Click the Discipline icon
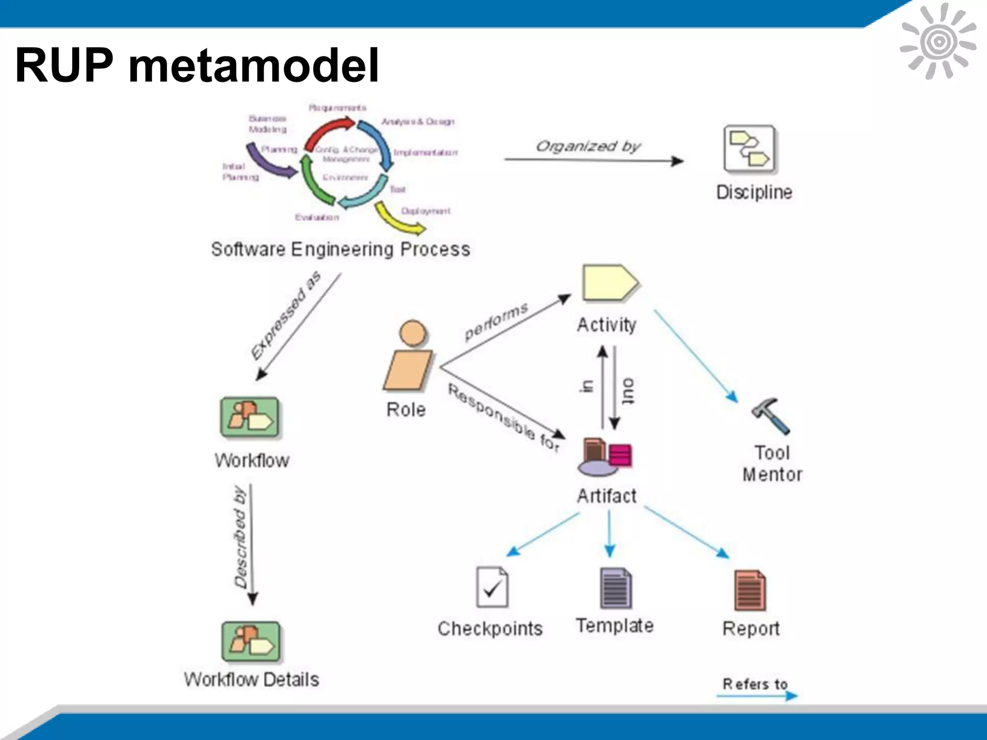pyautogui.click(x=750, y=149)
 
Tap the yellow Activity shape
pyautogui.click(x=609, y=283)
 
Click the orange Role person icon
pyautogui.click(x=409, y=357)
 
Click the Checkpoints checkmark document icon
pyautogui.click(x=492, y=587)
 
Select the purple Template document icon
pyautogui.click(x=615, y=588)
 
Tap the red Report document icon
pyautogui.click(x=749, y=590)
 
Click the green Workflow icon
pyautogui.click(x=250, y=417)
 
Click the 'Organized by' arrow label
pyautogui.click(x=588, y=146)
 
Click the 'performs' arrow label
pyautogui.click(x=496, y=321)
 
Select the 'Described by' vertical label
pyautogui.click(x=240, y=537)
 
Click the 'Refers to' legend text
pyautogui.click(x=755, y=684)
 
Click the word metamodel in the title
pyautogui.click(x=253, y=66)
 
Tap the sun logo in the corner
pyautogui.click(x=938, y=41)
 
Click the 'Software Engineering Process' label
pyautogui.click(x=340, y=250)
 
